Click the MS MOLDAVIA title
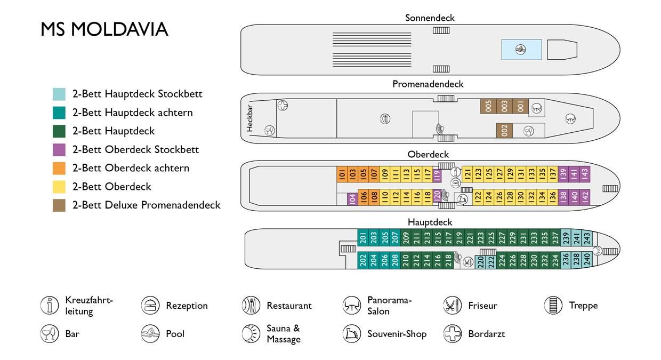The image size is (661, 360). [x=104, y=29]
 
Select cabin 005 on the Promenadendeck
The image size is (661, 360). [x=488, y=106]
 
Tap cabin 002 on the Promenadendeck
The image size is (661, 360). [x=504, y=131]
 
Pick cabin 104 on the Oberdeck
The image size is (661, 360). [x=352, y=199]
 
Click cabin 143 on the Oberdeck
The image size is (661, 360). [x=585, y=174]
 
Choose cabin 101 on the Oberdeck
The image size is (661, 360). [x=342, y=174]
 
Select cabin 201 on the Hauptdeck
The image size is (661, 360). [x=363, y=238]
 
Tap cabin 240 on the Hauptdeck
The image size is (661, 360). [x=587, y=260]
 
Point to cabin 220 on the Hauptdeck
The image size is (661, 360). [x=480, y=262]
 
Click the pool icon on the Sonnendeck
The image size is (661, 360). [x=520, y=49]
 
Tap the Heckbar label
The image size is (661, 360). [x=249, y=118]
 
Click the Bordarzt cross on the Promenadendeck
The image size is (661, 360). [x=283, y=105]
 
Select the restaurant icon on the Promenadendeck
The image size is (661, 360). [x=385, y=119]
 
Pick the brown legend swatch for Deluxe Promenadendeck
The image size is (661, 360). [x=59, y=205]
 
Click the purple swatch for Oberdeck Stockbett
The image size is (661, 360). [x=59, y=150]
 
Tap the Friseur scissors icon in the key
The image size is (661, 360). [x=453, y=306]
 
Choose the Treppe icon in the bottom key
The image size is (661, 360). [x=553, y=306]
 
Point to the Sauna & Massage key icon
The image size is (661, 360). [x=251, y=334]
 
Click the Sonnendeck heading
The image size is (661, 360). [x=430, y=18]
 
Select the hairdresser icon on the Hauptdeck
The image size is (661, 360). [x=467, y=262]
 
